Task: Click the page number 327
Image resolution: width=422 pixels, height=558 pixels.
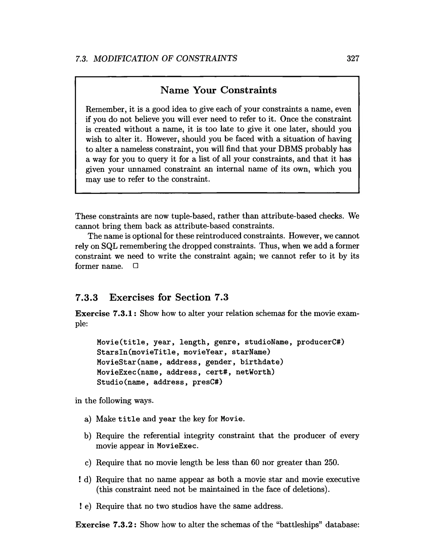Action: [x=353, y=59]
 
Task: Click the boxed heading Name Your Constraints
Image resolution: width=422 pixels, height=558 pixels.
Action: [x=218, y=90]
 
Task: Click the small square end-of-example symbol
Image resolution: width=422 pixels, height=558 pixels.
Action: [x=136, y=266]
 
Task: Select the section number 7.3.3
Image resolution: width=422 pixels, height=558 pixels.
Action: [x=86, y=297]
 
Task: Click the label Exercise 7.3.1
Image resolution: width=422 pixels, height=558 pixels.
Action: [x=106, y=313]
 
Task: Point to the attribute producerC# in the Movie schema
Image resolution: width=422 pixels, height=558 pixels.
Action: [x=320, y=342]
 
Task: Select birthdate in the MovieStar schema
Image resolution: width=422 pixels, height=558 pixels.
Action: [x=261, y=362]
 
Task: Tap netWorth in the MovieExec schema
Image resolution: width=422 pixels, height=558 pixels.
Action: [x=255, y=372]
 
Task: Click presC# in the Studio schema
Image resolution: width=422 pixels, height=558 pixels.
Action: [x=207, y=382]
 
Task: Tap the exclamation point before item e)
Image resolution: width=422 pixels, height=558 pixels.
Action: [x=80, y=506]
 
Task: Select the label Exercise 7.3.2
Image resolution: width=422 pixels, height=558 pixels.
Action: [x=106, y=525]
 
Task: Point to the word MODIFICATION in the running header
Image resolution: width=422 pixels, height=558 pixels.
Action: [x=126, y=59]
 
